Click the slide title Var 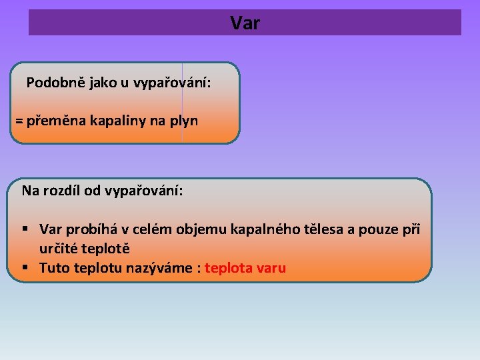(x=245, y=23)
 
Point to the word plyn (x=183, y=121)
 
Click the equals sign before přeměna (x=19, y=121)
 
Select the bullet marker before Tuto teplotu (x=25, y=268)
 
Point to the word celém (x=153, y=230)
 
